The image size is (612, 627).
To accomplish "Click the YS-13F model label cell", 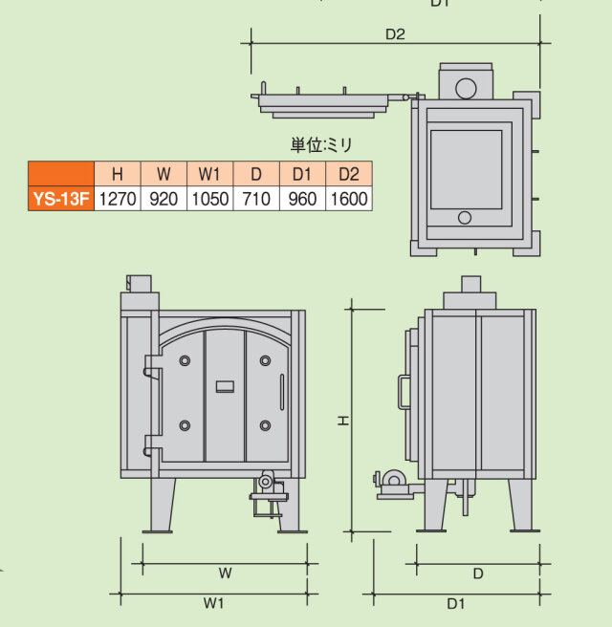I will point(61,199).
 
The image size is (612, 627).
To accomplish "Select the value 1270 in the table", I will point(118,199).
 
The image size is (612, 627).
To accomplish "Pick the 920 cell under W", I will point(164,199).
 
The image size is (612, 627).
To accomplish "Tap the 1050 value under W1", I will point(209,199).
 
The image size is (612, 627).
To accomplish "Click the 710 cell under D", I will point(256,199).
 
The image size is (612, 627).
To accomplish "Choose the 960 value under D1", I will point(302,199).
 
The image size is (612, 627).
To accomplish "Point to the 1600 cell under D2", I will point(348,199).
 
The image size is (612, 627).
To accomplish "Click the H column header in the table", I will point(118,174).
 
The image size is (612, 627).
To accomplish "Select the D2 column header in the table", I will point(348,174).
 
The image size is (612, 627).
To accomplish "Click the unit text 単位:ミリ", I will point(322,145).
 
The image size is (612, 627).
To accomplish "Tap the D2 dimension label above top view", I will point(396,34).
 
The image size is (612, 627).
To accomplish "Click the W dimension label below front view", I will point(225,573).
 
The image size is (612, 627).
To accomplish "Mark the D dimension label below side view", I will point(478,573).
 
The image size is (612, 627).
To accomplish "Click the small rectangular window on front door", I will point(226,386).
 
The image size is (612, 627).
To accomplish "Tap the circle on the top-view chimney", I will point(466,89).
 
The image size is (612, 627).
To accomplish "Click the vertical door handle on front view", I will point(282,393).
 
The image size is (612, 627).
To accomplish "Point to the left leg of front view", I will point(160,504).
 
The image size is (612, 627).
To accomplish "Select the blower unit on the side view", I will point(393,483).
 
